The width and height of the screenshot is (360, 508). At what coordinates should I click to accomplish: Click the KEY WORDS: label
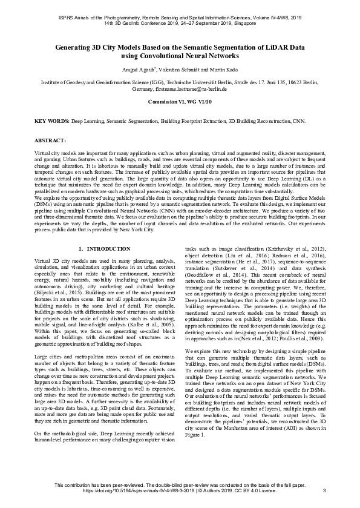point(52,122)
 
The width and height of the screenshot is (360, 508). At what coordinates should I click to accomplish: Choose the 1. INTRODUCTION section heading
point(100,249)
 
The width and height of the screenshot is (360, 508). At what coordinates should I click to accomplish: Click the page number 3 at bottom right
point(325,490)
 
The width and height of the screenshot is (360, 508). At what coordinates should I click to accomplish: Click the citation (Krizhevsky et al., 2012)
point(293,249)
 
